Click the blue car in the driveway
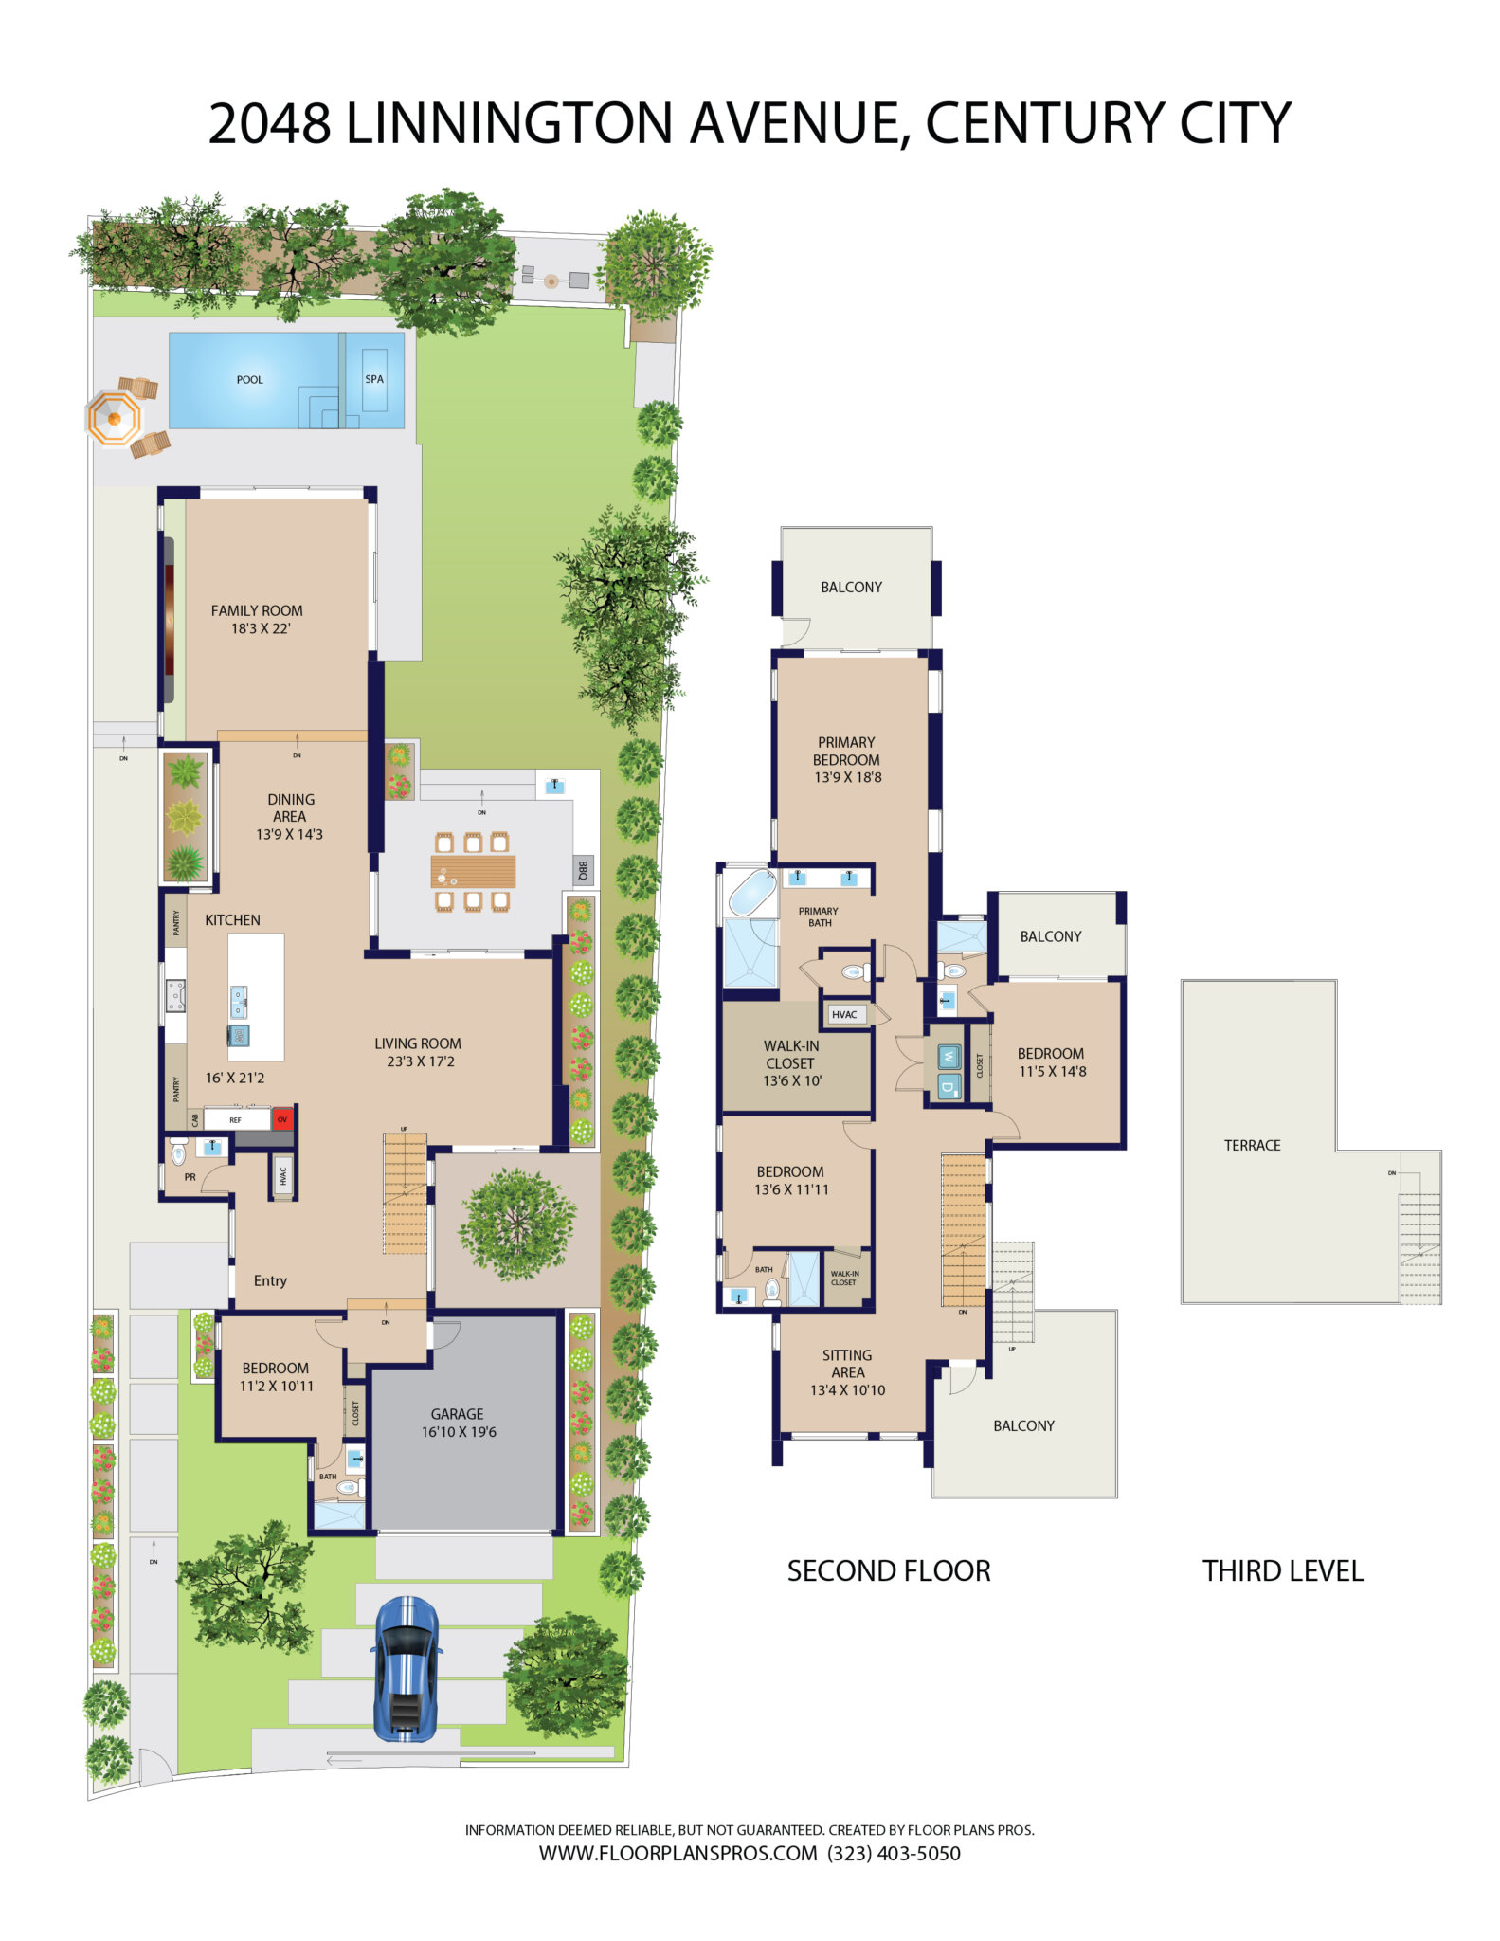[x=407, y=1669]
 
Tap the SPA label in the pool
[x=374, y=379]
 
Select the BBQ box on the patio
[x=584, y=869]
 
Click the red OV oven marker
[x=281, y=1119]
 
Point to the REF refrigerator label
[x=235, y=1120]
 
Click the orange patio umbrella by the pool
[x=114, y=418]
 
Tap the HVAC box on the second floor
[x=843, y=1014]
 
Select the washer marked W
[x=949, y=1057]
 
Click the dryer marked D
[x=949, y=1087]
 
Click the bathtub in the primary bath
[x=751, y=893]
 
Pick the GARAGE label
[x=457, y=1413]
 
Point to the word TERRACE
[x=1252, y=1145]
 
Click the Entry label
[x=270, y=1280]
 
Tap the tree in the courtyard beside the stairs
[x=517, y=1224]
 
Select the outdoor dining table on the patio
[x=473, y=871]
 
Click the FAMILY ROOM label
[x=257, y=610]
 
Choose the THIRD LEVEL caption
[x=1283, y=1570]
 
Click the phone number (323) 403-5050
[x=894, y=1853]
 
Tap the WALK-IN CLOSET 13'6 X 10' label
[x=791, y=1062]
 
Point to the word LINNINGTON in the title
[x=510, y=123]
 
